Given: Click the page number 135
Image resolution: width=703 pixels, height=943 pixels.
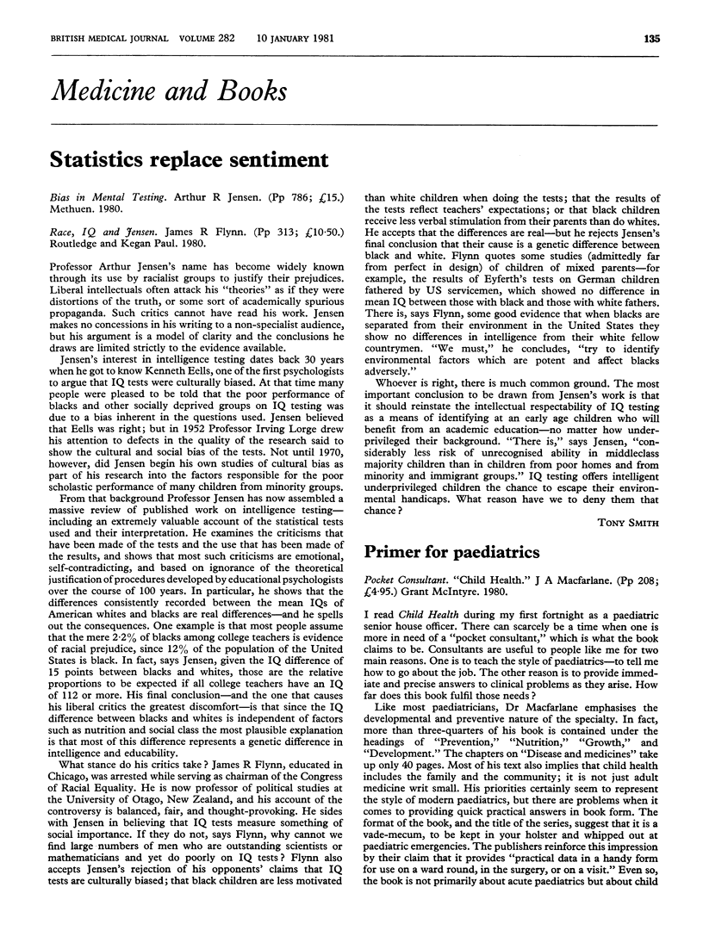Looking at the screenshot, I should pos(676,13).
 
